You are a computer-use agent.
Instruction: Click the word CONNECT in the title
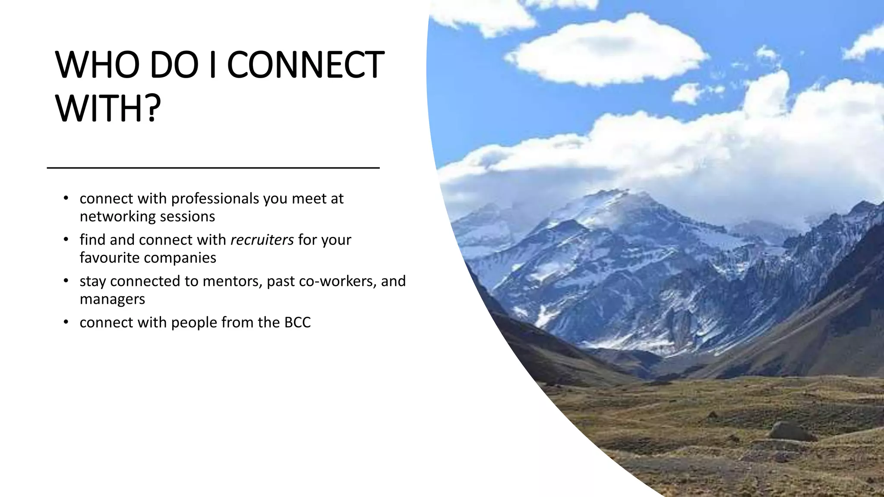pyautogui.click(x=305, y=65)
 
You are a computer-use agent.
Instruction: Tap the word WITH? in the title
pyautogui.click(x=108, y=108)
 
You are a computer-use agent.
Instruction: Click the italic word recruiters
pyautogui.click(x=262, y=239)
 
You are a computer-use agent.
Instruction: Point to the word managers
pyautogui.click(x=112, y=299)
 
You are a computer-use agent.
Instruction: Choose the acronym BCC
pyautogui.click(x=297, y=322)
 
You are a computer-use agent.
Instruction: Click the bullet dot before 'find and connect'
pyautogui.click(x=66, y=239)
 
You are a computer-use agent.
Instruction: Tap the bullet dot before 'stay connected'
pyautogui.click(x=66, y=281)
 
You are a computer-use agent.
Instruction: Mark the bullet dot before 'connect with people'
pyautogui.click(x=66, y=322)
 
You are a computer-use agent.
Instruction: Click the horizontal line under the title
pyautogui.click(x=213, y=167)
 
